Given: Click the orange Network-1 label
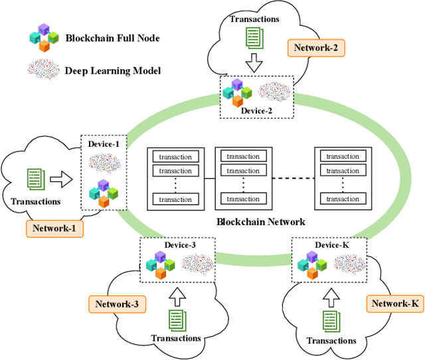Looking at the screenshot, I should pyautogui.click(x=54, y=229).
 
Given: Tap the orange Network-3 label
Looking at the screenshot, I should pyautogui.click(x=117, y=304).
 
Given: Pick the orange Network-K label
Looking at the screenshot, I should pyautogui.click(x=394, y=304).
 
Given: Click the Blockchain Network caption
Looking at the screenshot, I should pyautogui.click(x=261, y=222).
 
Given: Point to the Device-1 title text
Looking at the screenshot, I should pyautogui.click(x=104, y=144).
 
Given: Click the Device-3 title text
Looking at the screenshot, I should pyautogui.click(x=180, y=244).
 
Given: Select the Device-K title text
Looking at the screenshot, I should pyautogui.click(x=331, y=244).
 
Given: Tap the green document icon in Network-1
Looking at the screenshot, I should pyautogui.click(x=35, y=178).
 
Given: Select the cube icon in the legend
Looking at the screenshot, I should pyautogui.click(x=43, y=39).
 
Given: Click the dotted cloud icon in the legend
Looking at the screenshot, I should pyautogui.click(x=43, y=70).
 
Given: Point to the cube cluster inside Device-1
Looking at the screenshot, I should pyautogui.click(x=104, y=193).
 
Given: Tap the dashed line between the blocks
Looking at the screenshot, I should pyautogui.click(x=290, y=178).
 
